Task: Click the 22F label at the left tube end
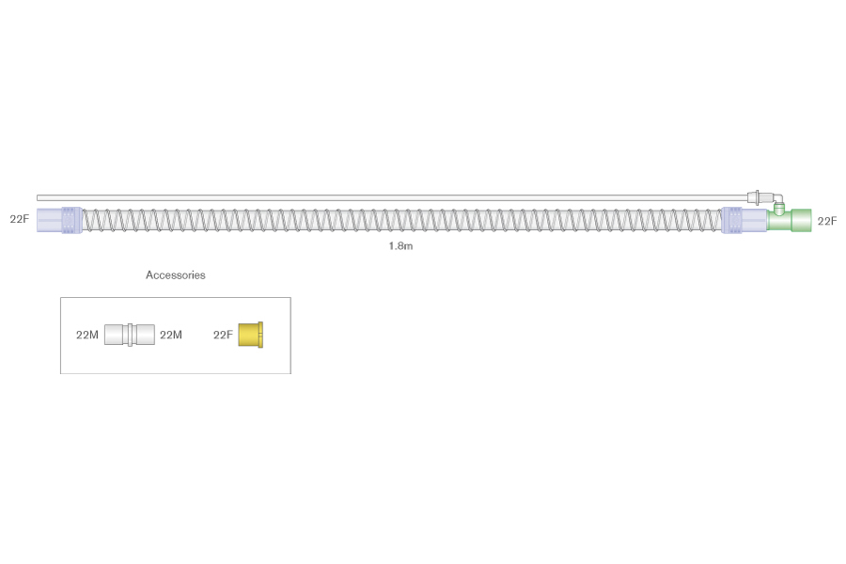[x=20, y=219]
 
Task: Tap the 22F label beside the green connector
[x=826, y=221]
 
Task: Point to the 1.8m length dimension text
[x=400, y=246]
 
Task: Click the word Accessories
[x=176, y=274]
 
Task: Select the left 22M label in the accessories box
[x=86, y=335]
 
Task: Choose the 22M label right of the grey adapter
[x=171, y=335]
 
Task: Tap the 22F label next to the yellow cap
[x=223, y=335]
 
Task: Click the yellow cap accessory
[x=250, y=335]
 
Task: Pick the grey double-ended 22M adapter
[x=130, y=335]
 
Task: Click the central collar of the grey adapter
[x=130, y=335]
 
